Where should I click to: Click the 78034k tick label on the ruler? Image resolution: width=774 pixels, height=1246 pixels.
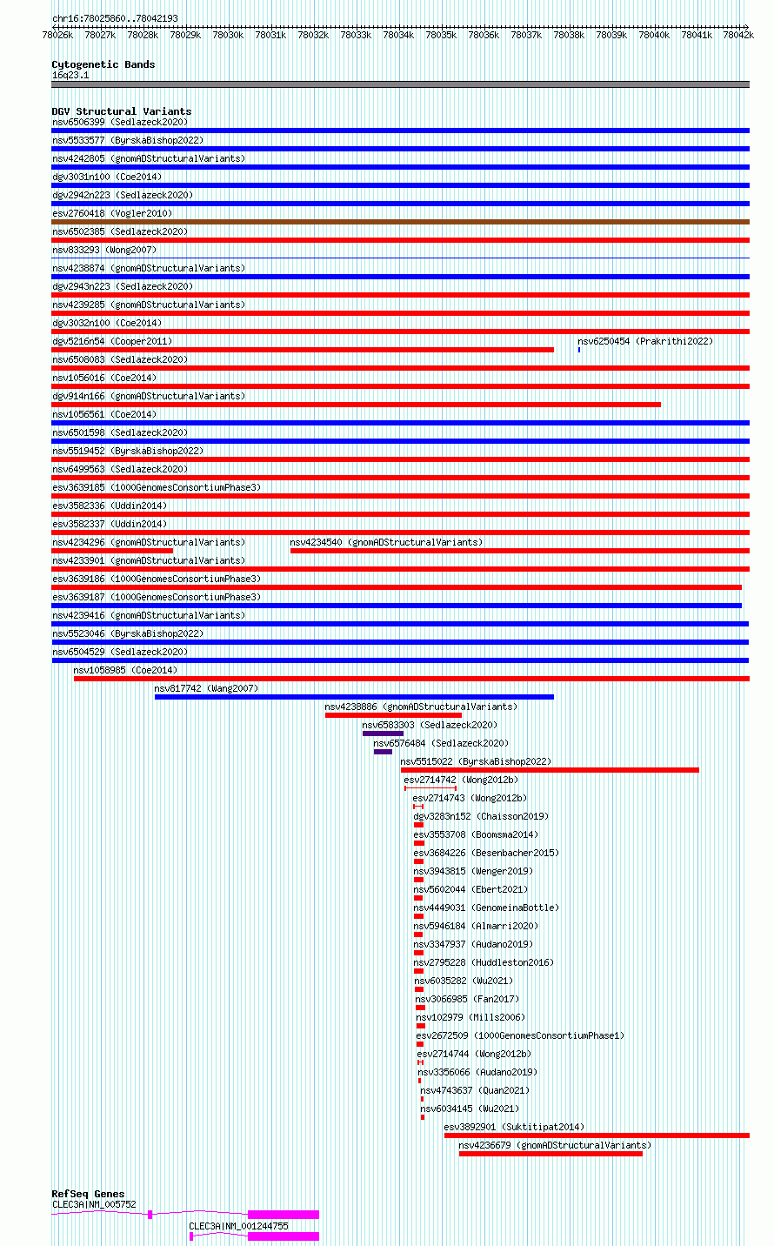pos(398,35)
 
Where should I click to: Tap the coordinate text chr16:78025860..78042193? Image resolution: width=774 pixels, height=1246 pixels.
pos(115,18)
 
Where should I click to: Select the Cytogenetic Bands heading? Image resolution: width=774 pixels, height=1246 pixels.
pos(103,64)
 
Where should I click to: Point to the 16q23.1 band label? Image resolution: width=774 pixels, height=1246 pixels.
pos(70,75)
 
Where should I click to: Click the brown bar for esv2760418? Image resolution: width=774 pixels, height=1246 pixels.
pos(400,222)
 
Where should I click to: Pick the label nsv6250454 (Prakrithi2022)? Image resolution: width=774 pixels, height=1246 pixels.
pos(645,341)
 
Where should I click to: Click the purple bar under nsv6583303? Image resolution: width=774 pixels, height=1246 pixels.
pos(384,734)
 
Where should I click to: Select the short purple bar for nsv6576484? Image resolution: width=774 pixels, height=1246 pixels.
pos(384,752)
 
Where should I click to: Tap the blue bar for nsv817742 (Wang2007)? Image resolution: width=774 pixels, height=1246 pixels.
pos(354,697)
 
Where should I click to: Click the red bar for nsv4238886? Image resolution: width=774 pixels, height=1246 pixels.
pos(393,715)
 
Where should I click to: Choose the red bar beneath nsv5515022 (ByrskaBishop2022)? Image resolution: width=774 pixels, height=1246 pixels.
pos(550,770)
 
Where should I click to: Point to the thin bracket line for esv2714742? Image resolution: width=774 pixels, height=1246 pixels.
pos(430,788)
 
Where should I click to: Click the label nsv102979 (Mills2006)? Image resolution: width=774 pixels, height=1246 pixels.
pos(470,1017)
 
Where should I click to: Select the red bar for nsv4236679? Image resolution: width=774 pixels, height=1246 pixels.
pos(550,1155)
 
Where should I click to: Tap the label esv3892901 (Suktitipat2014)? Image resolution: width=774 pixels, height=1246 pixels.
pos(514,1127)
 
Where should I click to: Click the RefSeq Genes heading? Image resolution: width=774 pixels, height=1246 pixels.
pos(88,1194)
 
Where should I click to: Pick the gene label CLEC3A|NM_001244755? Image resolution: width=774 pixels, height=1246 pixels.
pos(238,1226)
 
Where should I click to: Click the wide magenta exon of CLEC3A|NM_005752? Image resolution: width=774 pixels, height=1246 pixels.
pos(284,1215)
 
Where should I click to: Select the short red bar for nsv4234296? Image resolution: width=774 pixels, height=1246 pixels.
pos(112,551)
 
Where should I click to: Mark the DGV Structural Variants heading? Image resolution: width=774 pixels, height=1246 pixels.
pos(122,111)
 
